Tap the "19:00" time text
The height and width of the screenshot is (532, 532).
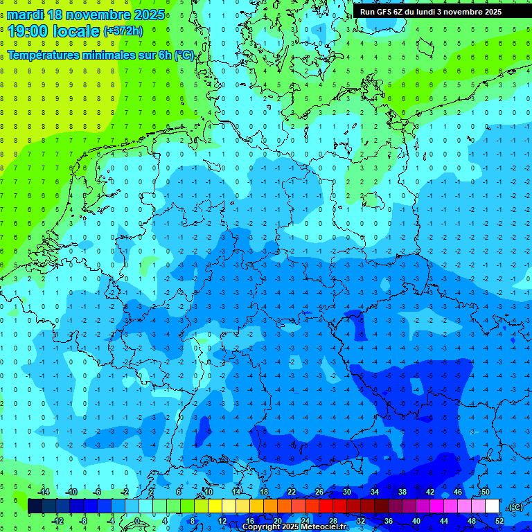(x=27, y=30)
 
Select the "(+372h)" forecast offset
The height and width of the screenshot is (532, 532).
(x=123, y=31)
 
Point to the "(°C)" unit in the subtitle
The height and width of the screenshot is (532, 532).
(x=184, y=55)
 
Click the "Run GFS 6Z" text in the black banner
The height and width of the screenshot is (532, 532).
(x=381, y=12)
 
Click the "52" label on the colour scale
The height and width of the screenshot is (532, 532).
(x=499, y=521)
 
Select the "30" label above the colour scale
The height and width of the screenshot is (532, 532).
(x=346, y=491)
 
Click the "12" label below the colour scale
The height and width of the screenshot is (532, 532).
(x=222, y=521)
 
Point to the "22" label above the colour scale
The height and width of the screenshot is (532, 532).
(x=291, y=491)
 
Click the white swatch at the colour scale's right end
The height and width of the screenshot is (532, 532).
(x=493, y=506)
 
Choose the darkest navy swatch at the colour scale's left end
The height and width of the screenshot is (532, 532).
(x=35, y=506)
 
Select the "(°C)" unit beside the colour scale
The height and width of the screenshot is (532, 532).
(x=515, y=507)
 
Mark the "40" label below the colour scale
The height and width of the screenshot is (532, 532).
(x=416, y=521)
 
